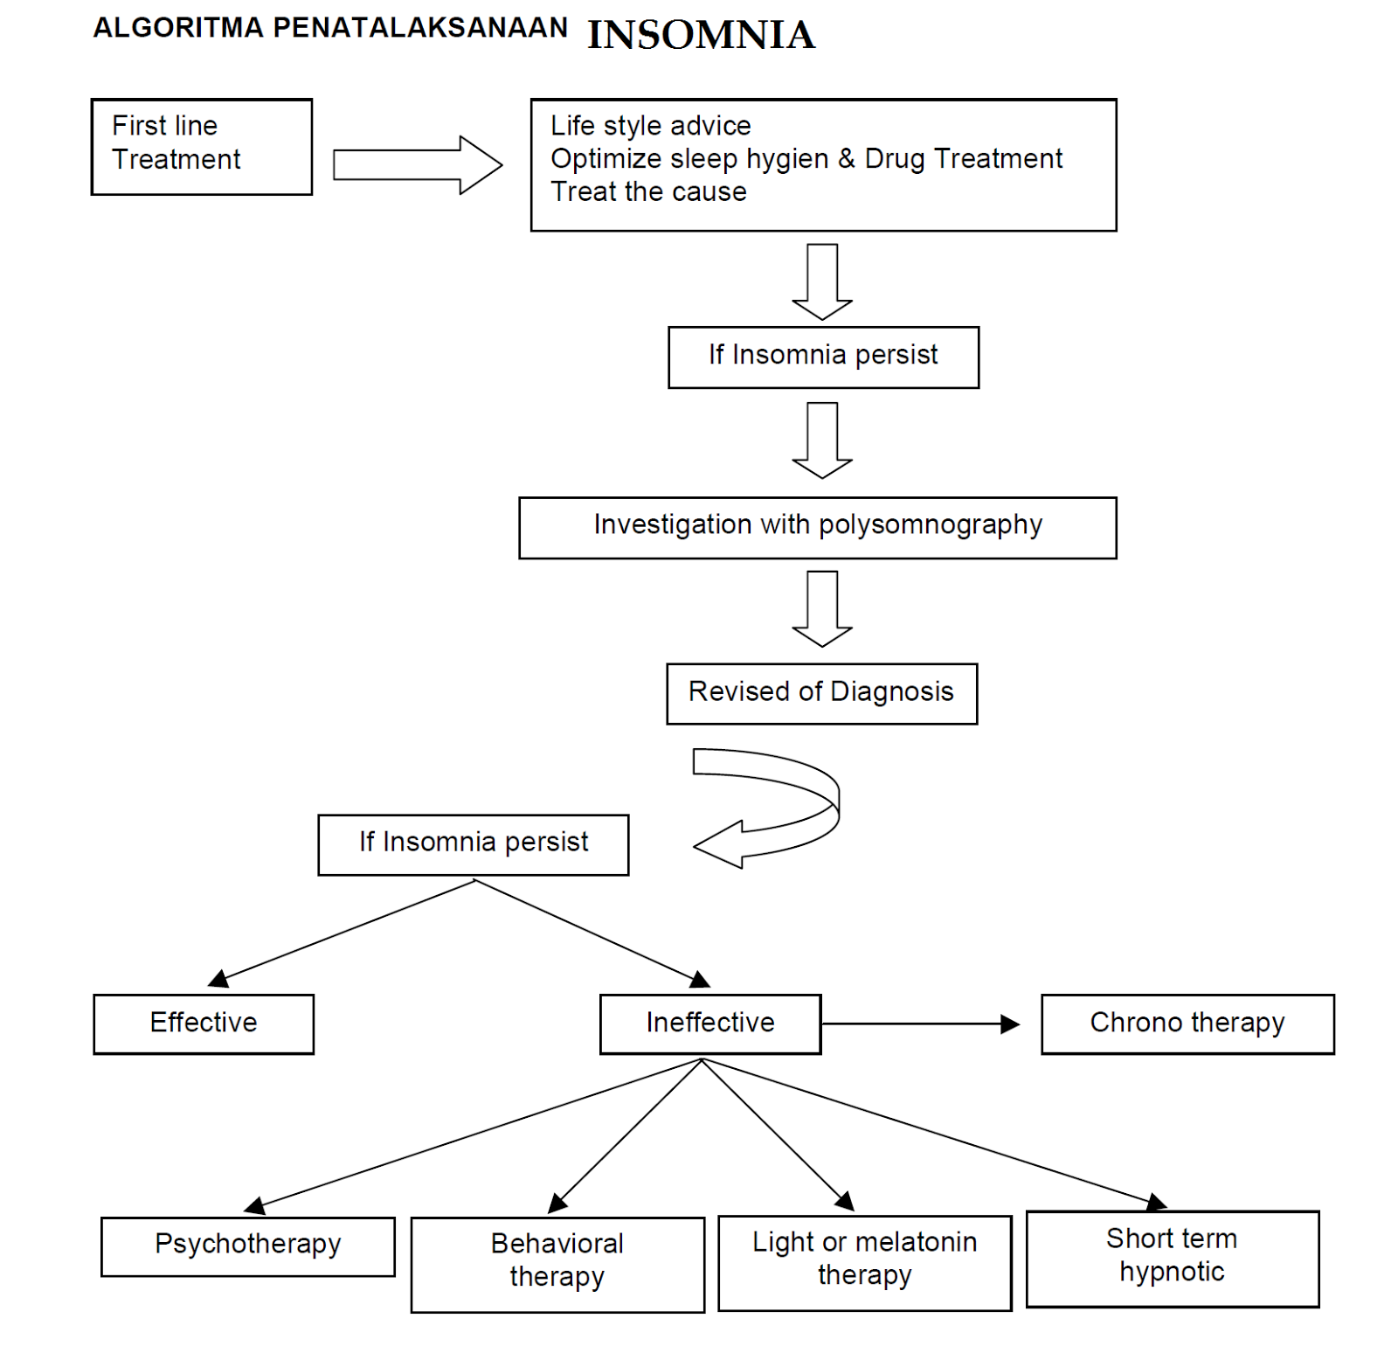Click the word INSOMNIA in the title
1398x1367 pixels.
[x=701, y=35]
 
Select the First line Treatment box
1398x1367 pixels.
[x=202, y=146]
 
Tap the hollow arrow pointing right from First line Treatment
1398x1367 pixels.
[x=418, y=164]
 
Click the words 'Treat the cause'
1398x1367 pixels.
[x=648, y=191]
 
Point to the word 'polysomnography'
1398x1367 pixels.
[x=931, y=524]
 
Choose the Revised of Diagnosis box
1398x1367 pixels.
[x=821, y=693]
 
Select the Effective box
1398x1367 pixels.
[x=204, y=1024]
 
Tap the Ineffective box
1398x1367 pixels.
[x=710, y=1024]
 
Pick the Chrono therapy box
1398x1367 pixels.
[x=1187, y=1024]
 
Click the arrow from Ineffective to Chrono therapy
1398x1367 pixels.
[x=921, y=1024]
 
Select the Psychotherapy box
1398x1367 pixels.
[x=248, y=1246]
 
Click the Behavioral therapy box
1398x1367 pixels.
[x=557, y=1264]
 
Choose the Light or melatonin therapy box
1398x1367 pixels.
[x=865, y=1263]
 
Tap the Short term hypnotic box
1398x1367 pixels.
[x=1173, y=1259]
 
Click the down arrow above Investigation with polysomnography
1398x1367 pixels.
[x=822, y=440]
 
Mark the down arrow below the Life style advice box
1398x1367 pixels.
[x=822, y=281]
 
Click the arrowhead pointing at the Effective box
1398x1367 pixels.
[x=218, y=979]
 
